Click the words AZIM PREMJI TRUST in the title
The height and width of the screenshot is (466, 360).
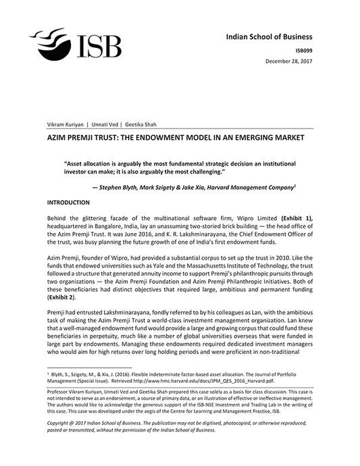tap(84, 137)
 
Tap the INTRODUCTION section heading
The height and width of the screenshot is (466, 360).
tap(68, 203)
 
